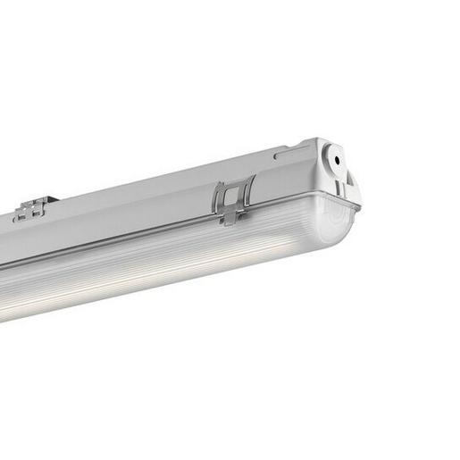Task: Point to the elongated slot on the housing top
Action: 292,155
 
